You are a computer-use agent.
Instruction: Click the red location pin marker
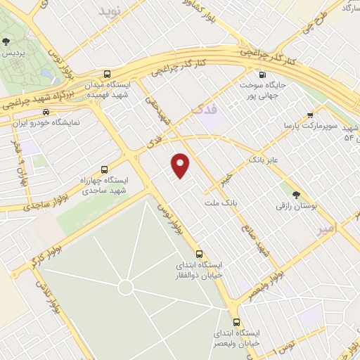point(181,165)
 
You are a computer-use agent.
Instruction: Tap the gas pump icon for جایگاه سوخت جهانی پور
point(262,75)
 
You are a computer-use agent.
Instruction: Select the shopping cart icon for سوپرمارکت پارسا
point(310,115)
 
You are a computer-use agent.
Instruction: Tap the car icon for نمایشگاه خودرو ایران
point(46,112)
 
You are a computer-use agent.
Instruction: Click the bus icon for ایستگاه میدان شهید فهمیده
point(106,74)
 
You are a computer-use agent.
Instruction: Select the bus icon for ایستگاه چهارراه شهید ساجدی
point(104,169)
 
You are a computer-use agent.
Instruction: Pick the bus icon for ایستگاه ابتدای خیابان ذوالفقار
point(199,254)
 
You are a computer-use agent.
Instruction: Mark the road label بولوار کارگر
point(44,257)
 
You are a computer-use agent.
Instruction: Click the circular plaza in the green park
point(125,287)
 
